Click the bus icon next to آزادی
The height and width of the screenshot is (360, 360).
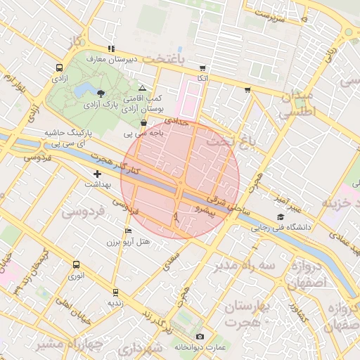pyautogui.click(x=58, y=68)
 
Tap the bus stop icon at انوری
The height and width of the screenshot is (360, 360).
pyautogui.click(x=76, y=264)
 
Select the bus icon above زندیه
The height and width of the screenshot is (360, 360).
pyautogui.click(x=115, y=292)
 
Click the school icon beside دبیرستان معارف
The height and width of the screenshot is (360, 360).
pyautogui.click(x=110, y=49)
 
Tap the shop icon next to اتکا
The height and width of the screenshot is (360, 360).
pyautogui.click(x=203, y=68)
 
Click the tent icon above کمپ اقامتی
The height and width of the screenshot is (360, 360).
pyautogui.click(x=143, y=89)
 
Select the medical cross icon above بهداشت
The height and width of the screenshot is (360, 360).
pyautogui.click(x=97, y=173)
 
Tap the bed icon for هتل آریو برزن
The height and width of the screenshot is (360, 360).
pyautogui.click(x=127, y=231)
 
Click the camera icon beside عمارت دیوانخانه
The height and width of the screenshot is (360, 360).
pyautogui.click(x=200, y=337)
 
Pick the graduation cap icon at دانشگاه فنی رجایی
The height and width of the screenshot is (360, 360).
pyautogui.click(x=281, y=217)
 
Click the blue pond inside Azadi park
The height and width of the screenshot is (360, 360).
pyautogui.click(x=84, y=89)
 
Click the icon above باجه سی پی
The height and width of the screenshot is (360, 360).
pyautogui.click(x=144, y=123)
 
